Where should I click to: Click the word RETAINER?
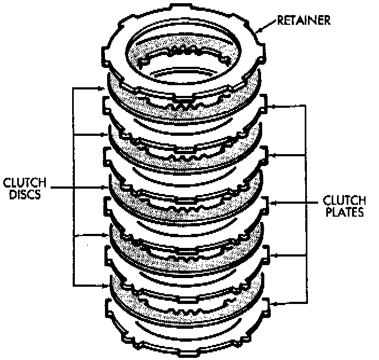(304, 21)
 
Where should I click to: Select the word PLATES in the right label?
(344, 212)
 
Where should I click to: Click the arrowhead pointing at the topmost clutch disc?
(105, 88)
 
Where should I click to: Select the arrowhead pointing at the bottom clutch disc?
(105, 285)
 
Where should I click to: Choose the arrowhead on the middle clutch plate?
(272, 203)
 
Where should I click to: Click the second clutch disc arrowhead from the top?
(105, 135)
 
